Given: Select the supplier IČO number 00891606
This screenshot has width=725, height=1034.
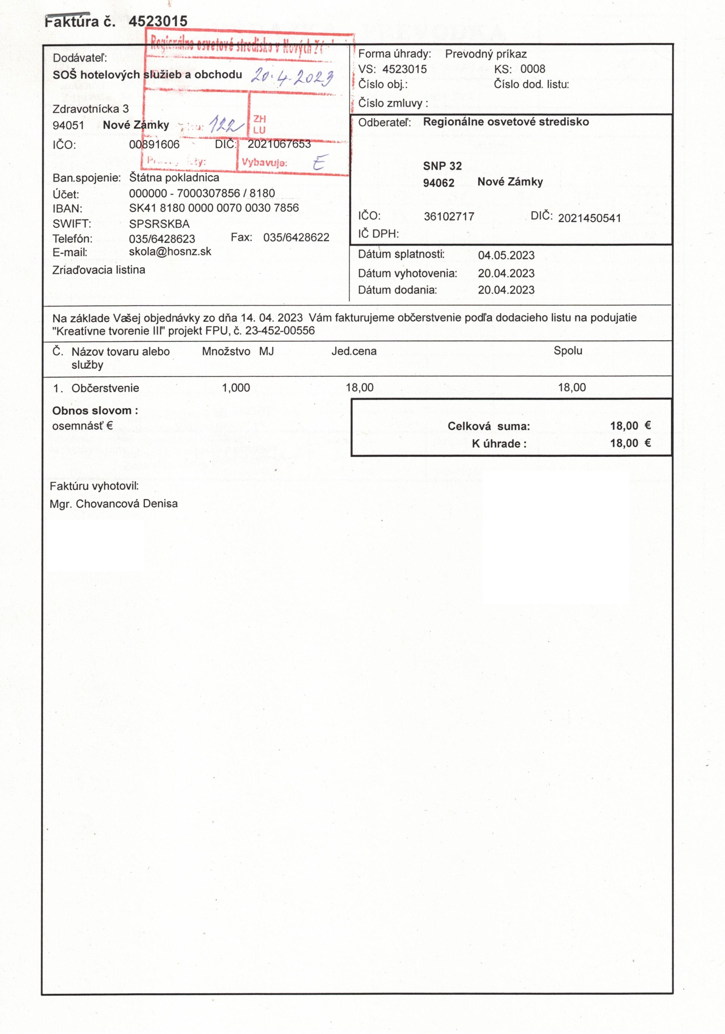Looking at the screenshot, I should point(154,145).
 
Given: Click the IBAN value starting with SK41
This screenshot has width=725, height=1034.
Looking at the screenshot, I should point(214,208).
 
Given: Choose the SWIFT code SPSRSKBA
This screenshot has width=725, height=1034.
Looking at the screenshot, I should point(159,224).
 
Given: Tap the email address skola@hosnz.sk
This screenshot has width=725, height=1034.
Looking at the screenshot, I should point(170,251).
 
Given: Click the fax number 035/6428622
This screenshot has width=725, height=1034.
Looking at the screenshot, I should point(296,237).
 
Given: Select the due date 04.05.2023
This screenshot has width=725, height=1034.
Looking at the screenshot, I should point(506,255).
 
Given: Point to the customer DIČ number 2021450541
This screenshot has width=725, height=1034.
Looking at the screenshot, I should point(589,218).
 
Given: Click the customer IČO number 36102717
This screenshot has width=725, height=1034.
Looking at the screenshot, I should point(449,217).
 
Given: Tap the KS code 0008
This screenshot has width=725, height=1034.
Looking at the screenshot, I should point(533,69).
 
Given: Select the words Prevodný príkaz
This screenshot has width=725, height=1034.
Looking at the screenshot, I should point(486,54).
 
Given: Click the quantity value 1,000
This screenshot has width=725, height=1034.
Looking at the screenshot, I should point(236,388).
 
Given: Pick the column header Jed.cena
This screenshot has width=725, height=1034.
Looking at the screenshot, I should point(354,351).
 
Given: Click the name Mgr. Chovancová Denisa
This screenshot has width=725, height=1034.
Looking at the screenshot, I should point(113,504).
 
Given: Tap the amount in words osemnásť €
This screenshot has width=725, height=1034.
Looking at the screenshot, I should point(82,426).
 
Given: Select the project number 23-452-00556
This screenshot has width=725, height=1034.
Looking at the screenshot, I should point(280,331).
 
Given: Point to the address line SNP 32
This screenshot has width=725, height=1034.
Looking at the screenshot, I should point(442,166).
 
